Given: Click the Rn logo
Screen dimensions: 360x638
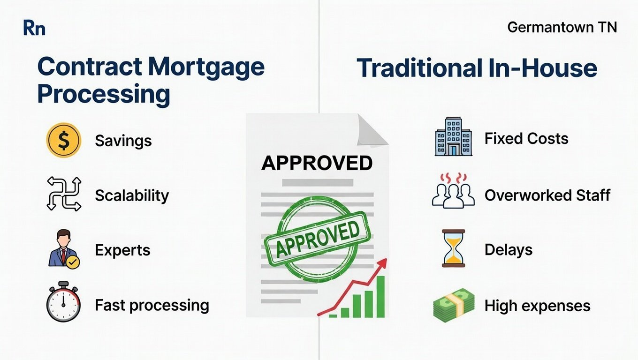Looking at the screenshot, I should click(34, 28).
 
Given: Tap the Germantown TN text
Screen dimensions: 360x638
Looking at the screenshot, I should click(562, 28).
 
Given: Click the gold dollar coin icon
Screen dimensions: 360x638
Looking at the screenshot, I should click(63, 140).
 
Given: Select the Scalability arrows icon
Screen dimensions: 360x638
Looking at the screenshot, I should click(64, 194).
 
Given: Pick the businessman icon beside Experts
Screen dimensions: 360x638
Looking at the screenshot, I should click(64, 249).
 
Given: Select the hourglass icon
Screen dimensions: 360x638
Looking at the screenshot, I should click(453, 248).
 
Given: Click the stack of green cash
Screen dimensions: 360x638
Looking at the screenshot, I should click(453, 305).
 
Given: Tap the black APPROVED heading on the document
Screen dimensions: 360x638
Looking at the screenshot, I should click(317, 163).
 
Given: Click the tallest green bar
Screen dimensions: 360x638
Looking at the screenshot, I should click(380, 296).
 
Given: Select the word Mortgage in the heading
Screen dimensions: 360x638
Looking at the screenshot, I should click(206, 67).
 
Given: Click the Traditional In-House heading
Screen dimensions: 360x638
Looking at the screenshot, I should click(477, 68).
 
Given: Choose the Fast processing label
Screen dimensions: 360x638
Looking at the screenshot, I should click(152, 305).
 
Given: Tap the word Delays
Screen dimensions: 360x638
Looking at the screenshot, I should click(508, 249).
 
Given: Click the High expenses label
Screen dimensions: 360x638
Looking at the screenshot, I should click(537, 306).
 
